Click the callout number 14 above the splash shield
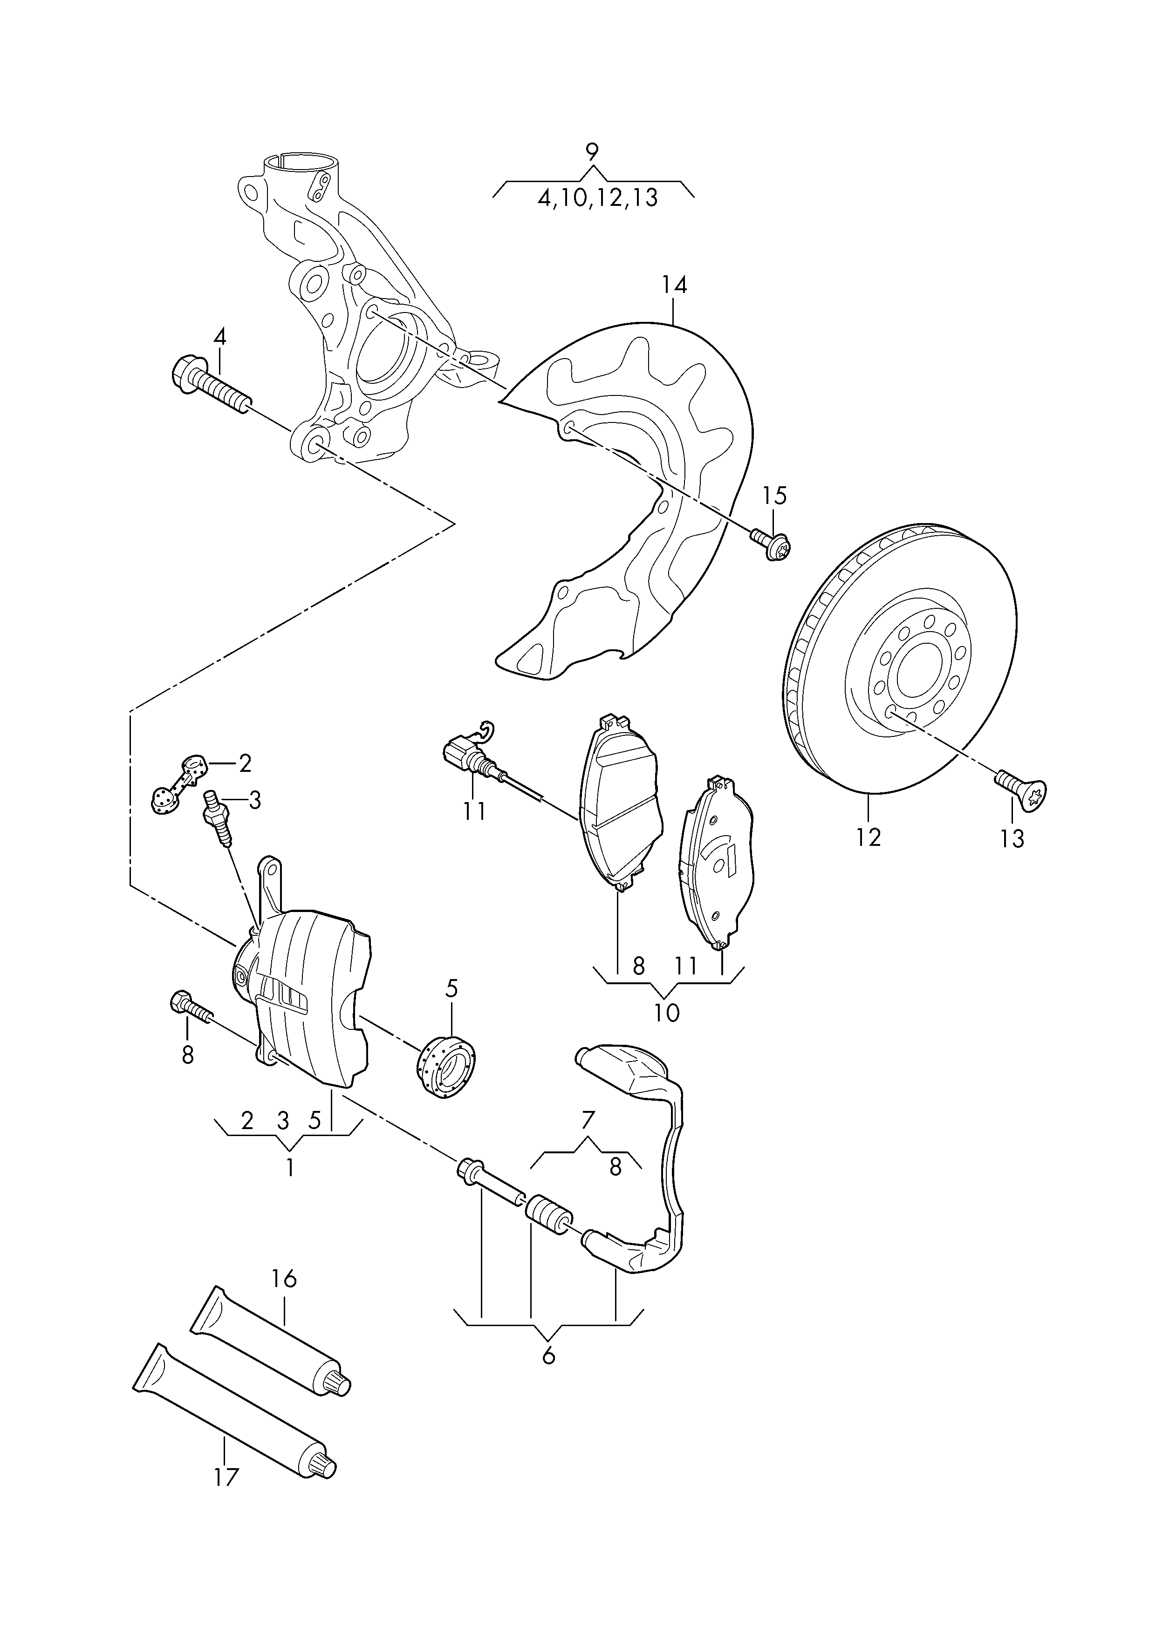pos(673,286)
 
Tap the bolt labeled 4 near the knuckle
pos(211,388)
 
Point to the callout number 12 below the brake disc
pos(869,837)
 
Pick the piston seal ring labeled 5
pos(446,1079)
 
